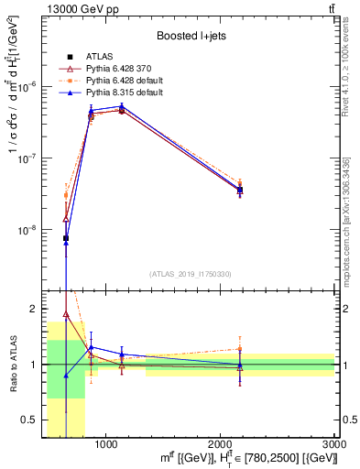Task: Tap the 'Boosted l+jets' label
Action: point(191,37)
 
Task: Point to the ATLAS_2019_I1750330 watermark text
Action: point(190,274)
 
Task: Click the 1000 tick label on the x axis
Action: point(105,444)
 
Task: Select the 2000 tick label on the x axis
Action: point(220,444)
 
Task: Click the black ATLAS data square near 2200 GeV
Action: point(240,191)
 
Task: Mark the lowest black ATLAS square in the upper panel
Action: point(66,238)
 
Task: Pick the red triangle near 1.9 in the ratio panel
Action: point(66,314)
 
